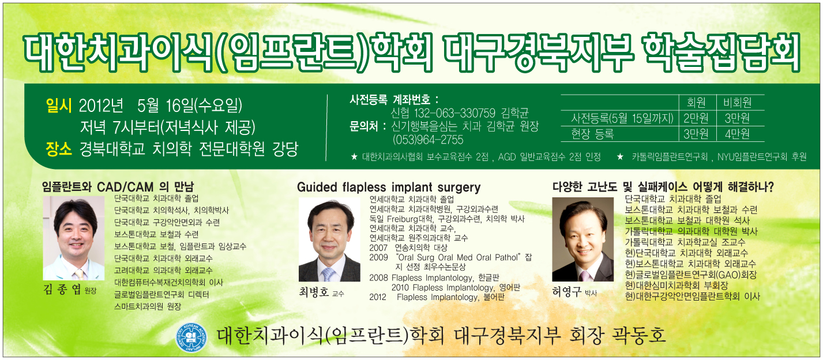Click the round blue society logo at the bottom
[191, 337]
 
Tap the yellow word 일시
[58, 106]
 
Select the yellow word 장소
[58, 149]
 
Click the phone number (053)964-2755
[428, 140]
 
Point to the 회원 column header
[696, 103]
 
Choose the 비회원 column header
[737, 103]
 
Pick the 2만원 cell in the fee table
[696, 118]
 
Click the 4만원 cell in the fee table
[737, 134]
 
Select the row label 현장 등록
[592, 134]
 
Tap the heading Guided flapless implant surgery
[389, 187]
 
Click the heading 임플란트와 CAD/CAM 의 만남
[118, 186]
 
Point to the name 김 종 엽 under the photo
[62, 290]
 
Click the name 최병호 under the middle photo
[314, 292]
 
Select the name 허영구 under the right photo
[566, 292]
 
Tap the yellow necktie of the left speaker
[80, 275]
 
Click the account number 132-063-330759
[454, 112]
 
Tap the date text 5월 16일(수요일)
[190, 106]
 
